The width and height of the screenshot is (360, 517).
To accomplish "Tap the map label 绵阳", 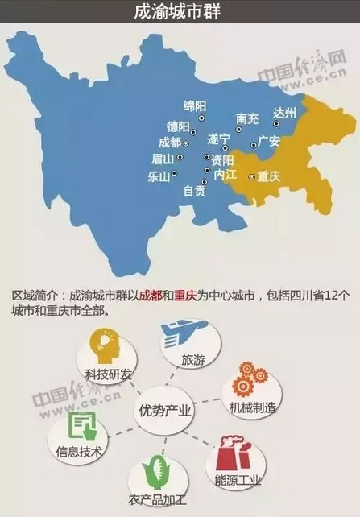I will pyautogui.click(x=195, y=107).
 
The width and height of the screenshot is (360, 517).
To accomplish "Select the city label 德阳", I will pyautogui.click(x=178, y=126).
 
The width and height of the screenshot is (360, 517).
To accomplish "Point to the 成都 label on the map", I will pyautogui.click(x=170, y=142).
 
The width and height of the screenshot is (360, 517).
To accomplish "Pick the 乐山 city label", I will pyautogui.click(x=159, y=176).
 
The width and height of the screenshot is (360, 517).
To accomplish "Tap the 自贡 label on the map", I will pyautogui.click(x=194, y=192).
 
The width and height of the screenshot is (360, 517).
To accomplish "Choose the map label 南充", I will pyautogui.click(x=247, y=119).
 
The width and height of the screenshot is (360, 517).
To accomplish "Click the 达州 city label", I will pyautogui.click(x=285, y=112).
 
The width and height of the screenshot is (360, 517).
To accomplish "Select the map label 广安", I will pyautogui.click(x=268, y=141).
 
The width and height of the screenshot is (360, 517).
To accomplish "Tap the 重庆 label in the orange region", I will pyautogui.click(x=267, y=176).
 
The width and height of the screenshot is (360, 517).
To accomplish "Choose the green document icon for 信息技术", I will pyautogui.click(x=82, y=426).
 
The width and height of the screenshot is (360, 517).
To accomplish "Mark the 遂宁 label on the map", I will pyautogui.click(x=218, y=138).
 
